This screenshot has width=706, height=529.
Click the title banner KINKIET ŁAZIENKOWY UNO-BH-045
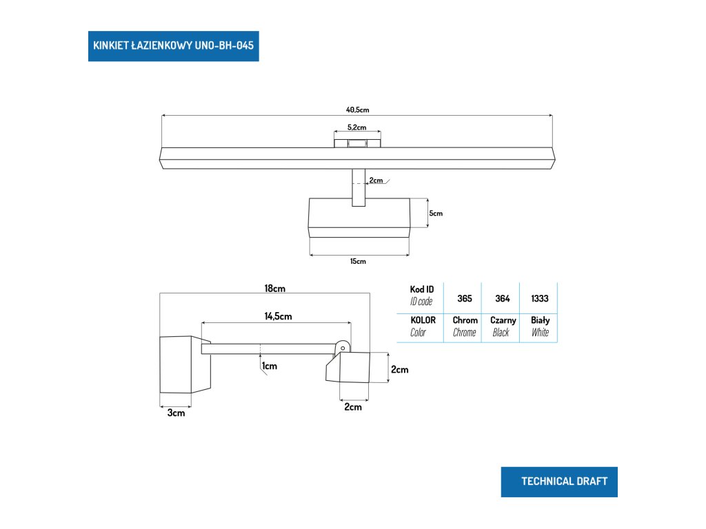point(173,46)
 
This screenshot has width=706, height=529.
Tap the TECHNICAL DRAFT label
point(559,481)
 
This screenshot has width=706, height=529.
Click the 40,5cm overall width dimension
point(358,110)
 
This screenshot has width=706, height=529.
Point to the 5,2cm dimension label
point(356,127)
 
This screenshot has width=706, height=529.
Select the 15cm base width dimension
point(358,261)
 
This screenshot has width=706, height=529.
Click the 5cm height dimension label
point(436,214)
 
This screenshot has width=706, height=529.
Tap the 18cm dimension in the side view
point(274,289)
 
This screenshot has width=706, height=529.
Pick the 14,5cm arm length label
point(278,316)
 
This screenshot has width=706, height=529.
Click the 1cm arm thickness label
point(270,366)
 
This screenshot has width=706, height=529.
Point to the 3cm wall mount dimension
point(176,413)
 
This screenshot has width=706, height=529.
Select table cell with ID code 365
point(464,299)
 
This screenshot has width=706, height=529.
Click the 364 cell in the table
point(502,299)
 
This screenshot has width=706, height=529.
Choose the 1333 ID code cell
point(539,299)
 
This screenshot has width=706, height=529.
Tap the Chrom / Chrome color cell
point(465,326)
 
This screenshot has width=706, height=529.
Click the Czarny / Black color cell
point(503,326)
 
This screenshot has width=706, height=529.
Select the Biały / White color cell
point(540,326)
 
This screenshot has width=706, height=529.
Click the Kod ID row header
point(421,295)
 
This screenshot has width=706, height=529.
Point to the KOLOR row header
point(423,326)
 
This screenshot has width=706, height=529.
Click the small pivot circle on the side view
point(343,348)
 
